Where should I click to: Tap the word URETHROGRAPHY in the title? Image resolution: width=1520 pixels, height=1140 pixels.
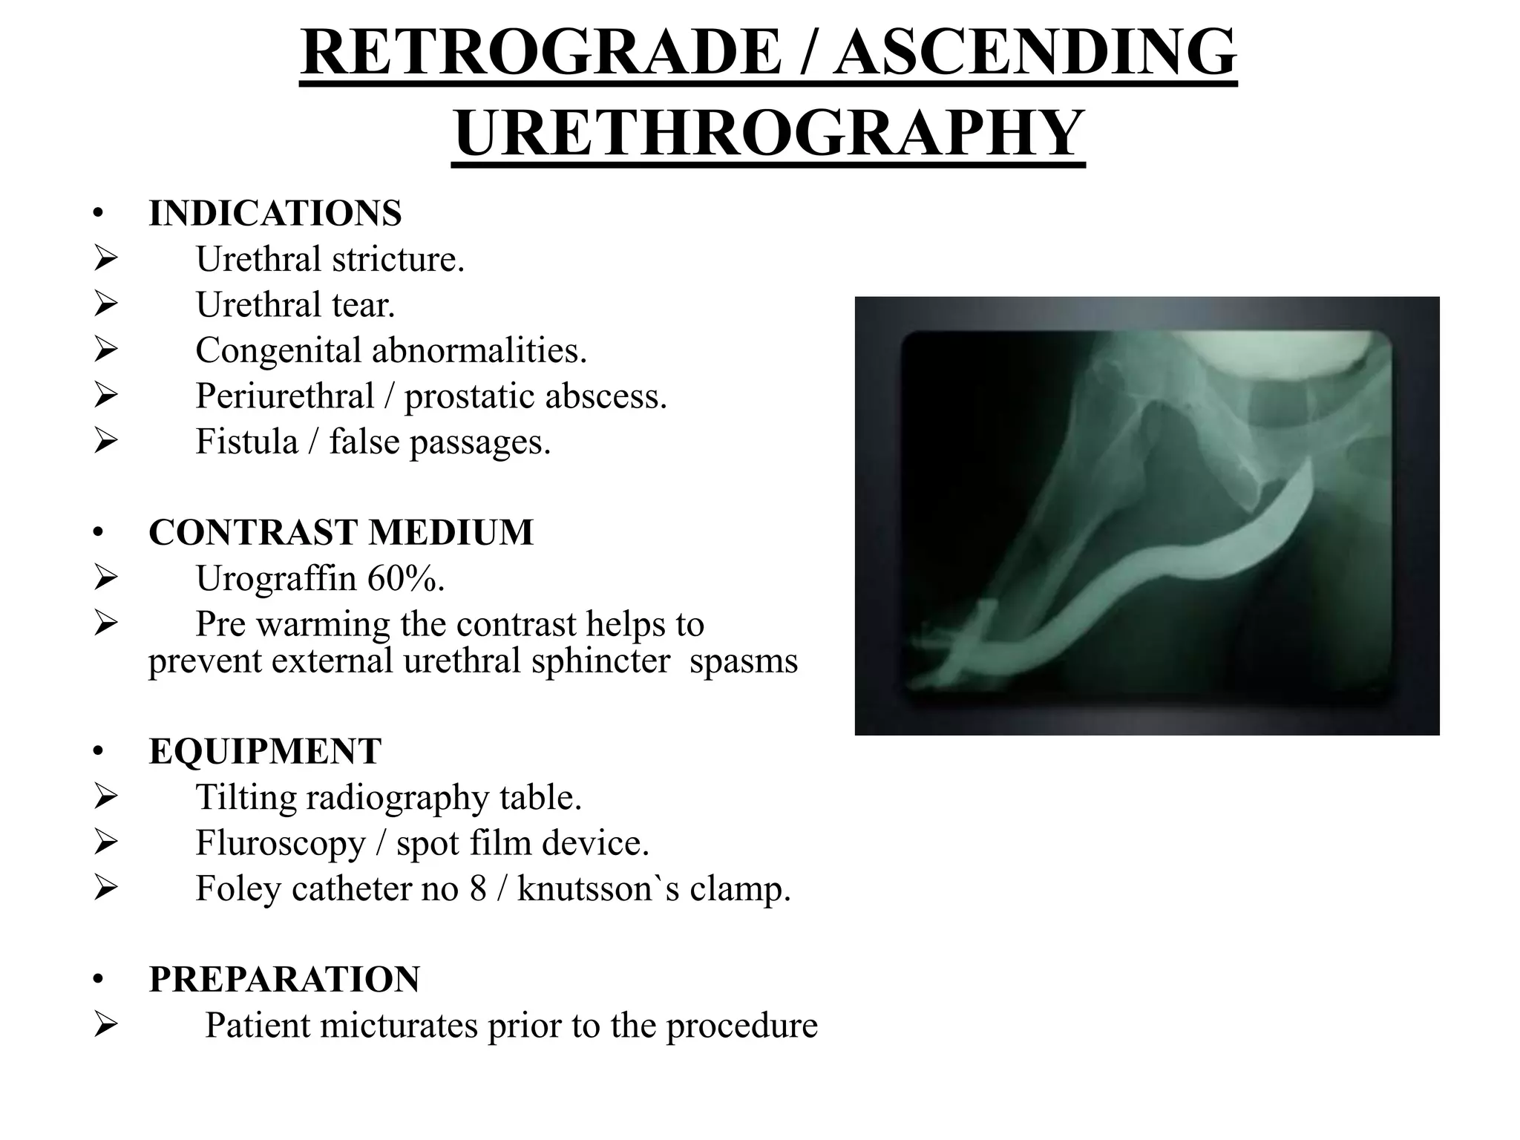(768, 134)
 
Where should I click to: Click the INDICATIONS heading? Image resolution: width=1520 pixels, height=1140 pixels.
(275, 214)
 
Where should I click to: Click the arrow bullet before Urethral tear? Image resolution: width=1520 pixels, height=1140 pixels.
(105, 304)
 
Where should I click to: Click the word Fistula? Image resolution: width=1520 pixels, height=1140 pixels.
(246, 442)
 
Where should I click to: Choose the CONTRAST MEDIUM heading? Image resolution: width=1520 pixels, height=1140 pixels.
(341, 532)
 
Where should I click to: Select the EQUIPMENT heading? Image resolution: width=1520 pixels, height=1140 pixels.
(265, 751)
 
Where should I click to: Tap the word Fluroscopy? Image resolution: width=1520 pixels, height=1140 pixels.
(281, 843)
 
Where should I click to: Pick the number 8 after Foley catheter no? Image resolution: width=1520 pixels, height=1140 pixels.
(477, 888)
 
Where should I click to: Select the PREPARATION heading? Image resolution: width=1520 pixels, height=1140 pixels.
(284, 979)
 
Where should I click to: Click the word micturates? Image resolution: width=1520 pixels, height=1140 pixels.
(397, 1025)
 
